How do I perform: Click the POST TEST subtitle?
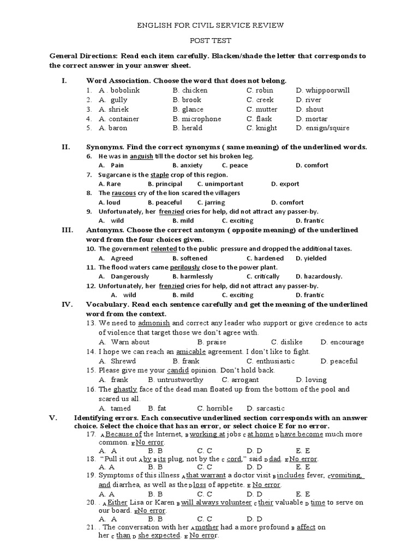(210, 40)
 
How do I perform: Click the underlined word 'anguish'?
(141, 156)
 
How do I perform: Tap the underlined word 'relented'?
(165, 249)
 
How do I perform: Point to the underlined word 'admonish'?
(154, 323)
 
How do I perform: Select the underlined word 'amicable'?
(191, 352)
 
